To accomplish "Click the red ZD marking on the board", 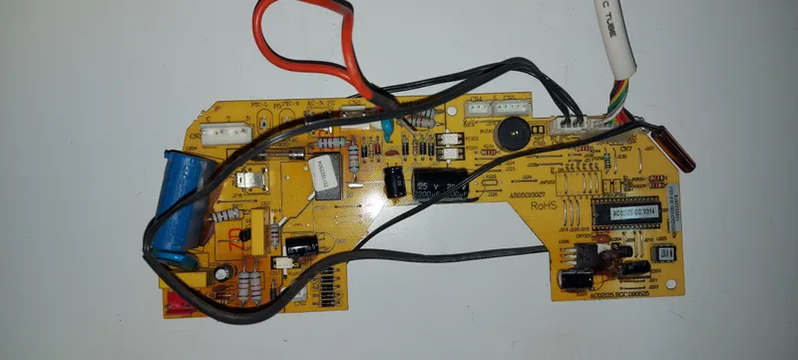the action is [234, 237].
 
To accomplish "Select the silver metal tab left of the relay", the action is [249, 180].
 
